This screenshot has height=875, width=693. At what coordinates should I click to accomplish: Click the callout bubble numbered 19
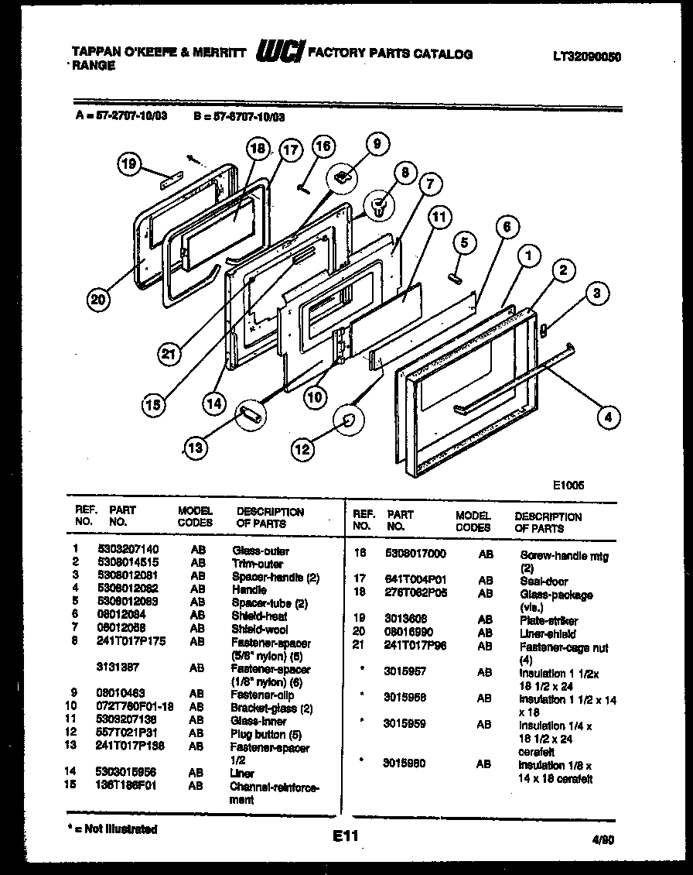click(x=131, y=164)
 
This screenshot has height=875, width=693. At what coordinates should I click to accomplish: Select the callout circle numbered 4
click(x=609, y=417)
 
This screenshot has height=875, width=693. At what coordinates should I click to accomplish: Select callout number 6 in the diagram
click(x=507, y=227)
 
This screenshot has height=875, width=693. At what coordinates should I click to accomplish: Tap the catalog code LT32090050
click(x=588, y=57)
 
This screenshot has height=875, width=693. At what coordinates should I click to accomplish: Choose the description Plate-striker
click(x=548, y=621)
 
